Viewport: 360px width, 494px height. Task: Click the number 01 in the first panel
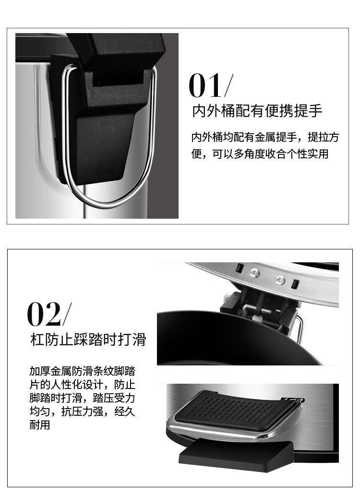pyautogui.click(x=205, y=86)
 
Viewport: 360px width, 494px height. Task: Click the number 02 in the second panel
pyautogui.click(x=44, y=314)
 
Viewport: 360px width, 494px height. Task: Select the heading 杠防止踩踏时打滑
pyautogui.click(x=87, y=340)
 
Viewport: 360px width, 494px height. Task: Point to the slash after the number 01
pyautogui.click(x=229, y=86)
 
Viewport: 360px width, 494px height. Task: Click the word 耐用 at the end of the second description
pyautogui.click(x=39, y=425)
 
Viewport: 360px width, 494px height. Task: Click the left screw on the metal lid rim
pyautogui.click(x=255, y=272)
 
